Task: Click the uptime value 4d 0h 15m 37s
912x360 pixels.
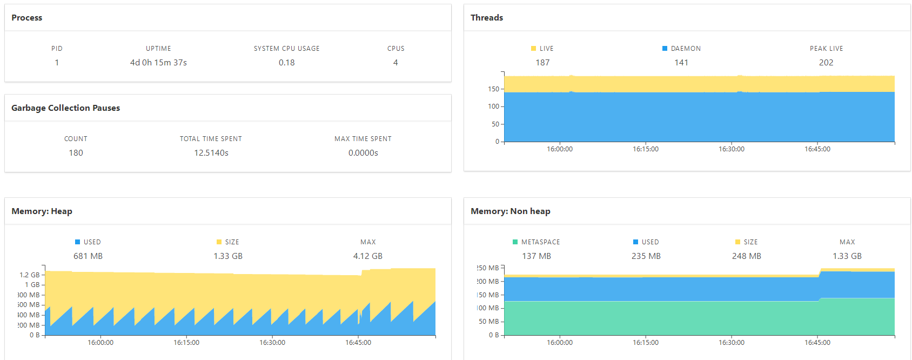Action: click(158, 63)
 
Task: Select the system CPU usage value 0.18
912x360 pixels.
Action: click(286, 63)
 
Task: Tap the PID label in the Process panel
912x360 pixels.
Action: click(57, 49)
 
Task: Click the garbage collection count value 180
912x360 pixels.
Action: click(76, 153)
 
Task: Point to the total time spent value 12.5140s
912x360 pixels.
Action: click(211, 153)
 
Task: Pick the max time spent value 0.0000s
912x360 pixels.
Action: click(363, 153)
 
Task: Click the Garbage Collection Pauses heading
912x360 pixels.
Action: click(65, 108)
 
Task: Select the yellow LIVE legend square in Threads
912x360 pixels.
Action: click(534, 49)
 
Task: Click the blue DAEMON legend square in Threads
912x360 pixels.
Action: click(665, 49)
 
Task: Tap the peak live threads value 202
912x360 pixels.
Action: click(826, 63)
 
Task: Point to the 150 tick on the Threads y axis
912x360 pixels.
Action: click(494, 89)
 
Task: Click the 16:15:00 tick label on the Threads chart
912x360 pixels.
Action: click(646, 149)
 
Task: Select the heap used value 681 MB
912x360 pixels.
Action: click(88, 256)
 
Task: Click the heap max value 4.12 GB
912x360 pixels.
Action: click(368, 256)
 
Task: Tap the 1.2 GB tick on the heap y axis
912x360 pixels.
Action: click(30, 275)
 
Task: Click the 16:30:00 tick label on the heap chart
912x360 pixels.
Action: click(272, 343)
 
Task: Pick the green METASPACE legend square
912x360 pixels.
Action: click(515, 242)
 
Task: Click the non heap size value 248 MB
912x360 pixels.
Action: click(747, 256)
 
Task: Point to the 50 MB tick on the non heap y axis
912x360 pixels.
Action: click(489, 322)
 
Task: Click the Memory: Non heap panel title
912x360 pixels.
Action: click(511, 211)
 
